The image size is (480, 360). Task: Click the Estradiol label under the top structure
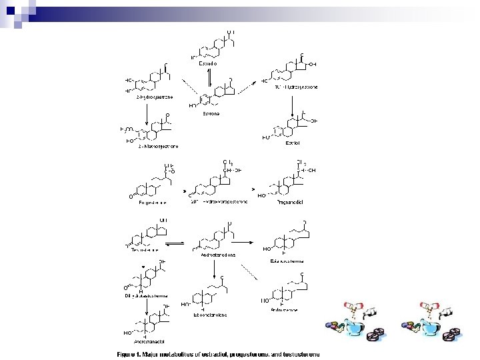(x=208, y=63)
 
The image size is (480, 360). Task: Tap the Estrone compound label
(x=211, y=113)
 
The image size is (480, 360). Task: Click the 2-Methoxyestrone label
(x=158, y=146)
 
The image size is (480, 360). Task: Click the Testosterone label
(x=145, y=251)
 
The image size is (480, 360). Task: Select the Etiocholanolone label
(x=210, y=314)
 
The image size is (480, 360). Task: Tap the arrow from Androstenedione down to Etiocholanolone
(x=213, y=269)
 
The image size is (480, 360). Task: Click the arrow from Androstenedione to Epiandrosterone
(x=249, y=243)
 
